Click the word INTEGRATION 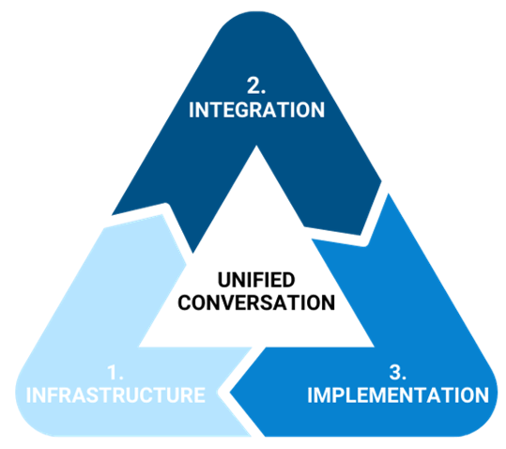[x=256, y=110]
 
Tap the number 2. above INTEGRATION [x=256, y=85]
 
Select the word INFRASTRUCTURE [x=115, y=395]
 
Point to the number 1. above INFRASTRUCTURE [x=115, y=372]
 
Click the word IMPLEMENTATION [x=398, y=395]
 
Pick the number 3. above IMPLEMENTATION [x=398, y=372]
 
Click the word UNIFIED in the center [x=256, y=280]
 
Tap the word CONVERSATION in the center [x=256, y=302]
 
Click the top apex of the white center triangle [x=256, y=146]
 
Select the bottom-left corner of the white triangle [x=139, y=347]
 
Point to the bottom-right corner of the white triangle [x=374, y=347]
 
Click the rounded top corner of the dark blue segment [x=256, y=13]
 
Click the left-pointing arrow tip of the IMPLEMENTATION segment [x=230, y=393]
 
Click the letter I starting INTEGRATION [x=192, y=110]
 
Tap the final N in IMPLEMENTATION [x=482, y=395]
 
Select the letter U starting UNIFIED [x=224, y=280]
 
